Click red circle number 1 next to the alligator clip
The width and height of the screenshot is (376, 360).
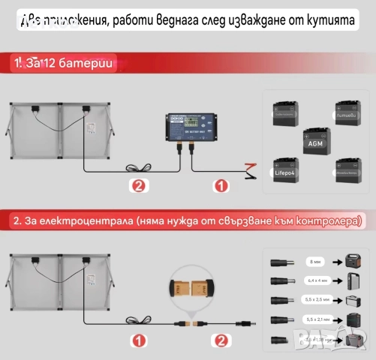220,184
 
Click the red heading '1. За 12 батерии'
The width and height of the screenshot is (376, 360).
63,64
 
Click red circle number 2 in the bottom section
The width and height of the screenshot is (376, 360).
220,340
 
